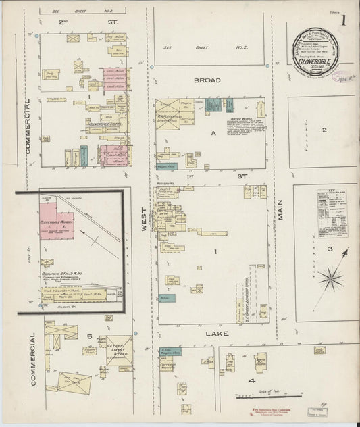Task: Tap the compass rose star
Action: (x=331, y=276)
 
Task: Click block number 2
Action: (x=324, y=130)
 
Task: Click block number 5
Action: (x=88, y=335)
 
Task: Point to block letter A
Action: (x=213, y=134)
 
